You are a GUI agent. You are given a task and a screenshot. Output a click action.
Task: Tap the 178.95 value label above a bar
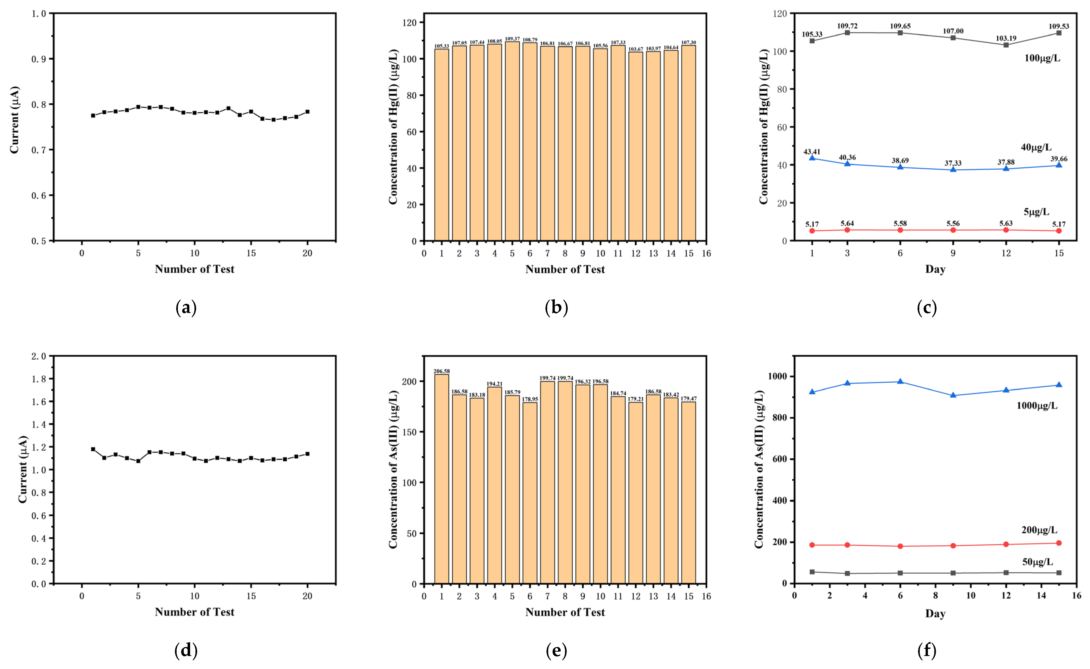point(530,399)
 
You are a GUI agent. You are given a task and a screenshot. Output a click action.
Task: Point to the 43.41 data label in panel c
point(812,152)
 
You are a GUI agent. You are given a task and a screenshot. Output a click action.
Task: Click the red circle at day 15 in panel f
point(1059,543)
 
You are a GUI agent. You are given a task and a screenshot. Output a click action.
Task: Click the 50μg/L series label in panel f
point(1037,562)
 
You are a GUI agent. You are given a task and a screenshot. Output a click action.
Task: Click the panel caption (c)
point(927,307)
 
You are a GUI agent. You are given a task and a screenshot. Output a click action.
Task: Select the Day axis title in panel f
point(935,613)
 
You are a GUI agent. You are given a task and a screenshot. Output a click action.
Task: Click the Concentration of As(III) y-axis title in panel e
point(393,469)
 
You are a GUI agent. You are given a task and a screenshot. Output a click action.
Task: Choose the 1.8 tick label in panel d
point(38,379)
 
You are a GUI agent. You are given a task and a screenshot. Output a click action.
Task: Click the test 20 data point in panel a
point(307,111)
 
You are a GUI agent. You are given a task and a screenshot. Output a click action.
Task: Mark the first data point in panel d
point(93,449)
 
